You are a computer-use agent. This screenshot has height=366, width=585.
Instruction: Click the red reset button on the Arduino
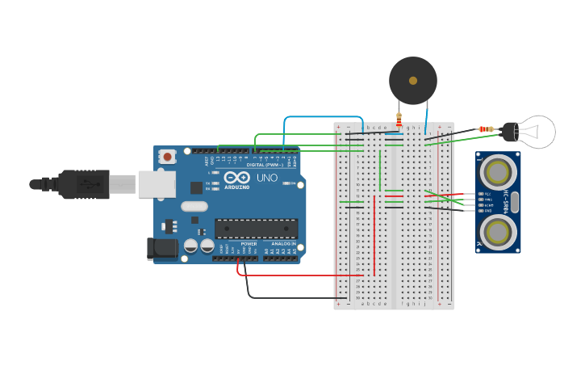167,156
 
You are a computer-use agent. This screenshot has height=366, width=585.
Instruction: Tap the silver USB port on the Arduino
157,184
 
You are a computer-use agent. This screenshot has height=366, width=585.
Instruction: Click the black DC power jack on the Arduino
161,249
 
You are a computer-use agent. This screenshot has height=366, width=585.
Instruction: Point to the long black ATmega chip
256,229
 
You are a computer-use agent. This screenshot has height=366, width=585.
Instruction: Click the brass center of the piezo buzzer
413,81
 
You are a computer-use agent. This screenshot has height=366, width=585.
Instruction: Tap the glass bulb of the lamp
537,132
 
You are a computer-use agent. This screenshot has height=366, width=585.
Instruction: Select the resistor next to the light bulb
486,129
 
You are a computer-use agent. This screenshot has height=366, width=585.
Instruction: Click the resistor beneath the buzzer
399,120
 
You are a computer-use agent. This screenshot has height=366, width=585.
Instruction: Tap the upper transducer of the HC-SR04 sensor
498,171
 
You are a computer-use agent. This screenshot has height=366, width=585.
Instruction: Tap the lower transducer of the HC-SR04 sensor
498,232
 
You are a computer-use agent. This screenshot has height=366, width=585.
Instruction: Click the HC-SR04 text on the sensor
506,201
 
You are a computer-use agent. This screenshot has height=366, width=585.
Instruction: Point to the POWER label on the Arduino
249,243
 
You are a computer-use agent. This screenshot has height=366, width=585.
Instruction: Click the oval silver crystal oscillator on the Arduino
194,206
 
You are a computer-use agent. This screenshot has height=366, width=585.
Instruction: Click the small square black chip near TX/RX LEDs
196,187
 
